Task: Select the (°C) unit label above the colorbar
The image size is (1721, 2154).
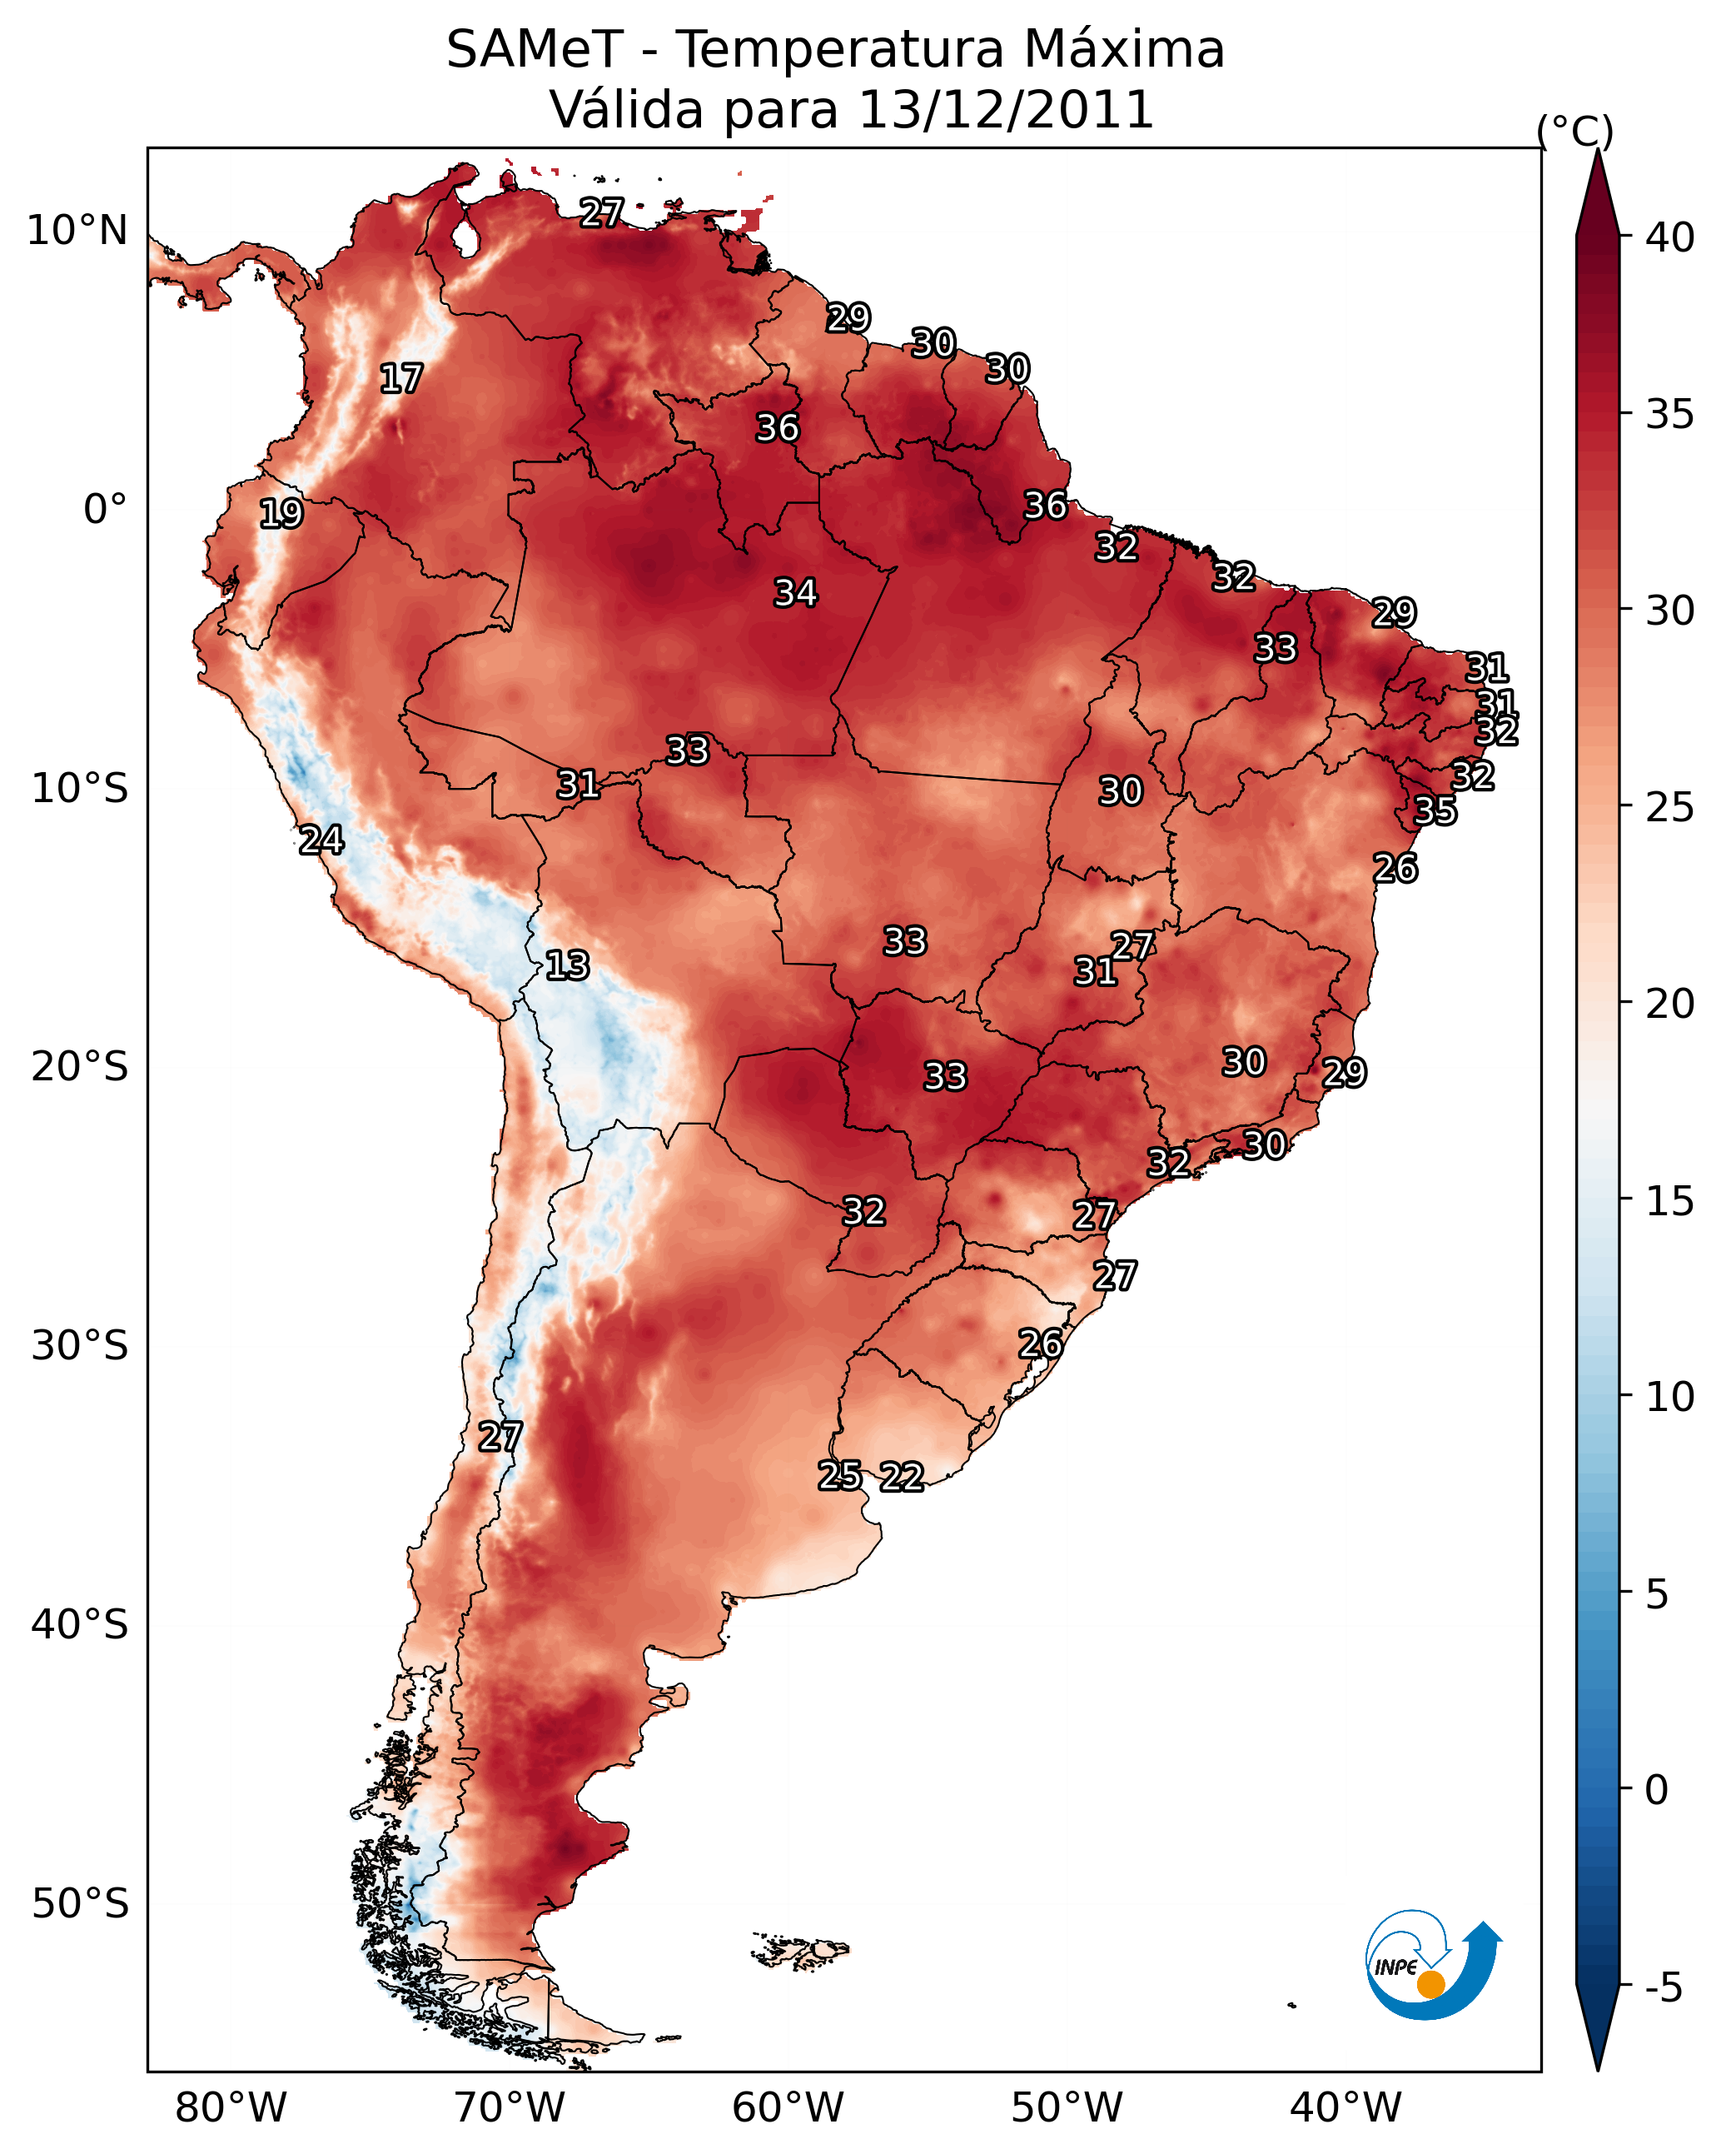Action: pos(1575,131)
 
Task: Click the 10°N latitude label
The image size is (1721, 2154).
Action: pos(77,231)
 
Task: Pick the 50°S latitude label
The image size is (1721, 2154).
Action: pos(80,1904)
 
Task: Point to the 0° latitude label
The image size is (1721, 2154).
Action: pos(105,510)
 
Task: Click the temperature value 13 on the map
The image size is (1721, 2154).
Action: pos(567,965)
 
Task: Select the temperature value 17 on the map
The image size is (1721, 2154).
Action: pos(401,379)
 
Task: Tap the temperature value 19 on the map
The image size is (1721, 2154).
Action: pos(281,514)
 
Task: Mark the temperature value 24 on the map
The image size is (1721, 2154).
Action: pos(321,840)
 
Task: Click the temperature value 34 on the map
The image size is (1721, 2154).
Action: pos(796,593)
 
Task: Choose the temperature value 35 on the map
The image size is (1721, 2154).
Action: pos(1435,810)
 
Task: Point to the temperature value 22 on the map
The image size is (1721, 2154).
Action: pos(902,1477)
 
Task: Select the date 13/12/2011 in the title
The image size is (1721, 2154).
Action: pos(1006,110)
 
